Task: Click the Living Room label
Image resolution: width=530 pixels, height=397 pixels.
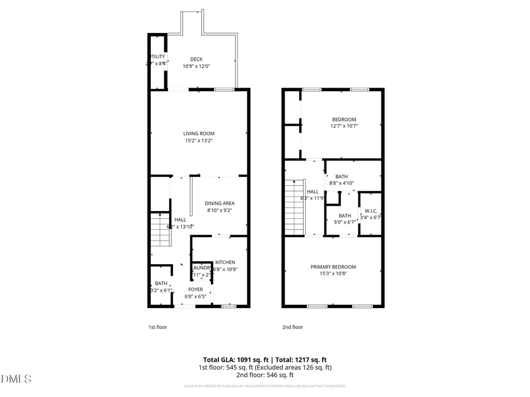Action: [198, 134]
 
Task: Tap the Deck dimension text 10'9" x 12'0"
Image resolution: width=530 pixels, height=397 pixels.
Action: [196, 66]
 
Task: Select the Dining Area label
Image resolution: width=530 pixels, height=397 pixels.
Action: [220, 203]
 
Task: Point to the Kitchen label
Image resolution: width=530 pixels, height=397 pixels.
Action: [225, 262]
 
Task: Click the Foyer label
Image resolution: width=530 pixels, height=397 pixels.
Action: [196, 289]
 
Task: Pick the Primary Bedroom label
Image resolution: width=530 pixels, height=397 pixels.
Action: [333, 266]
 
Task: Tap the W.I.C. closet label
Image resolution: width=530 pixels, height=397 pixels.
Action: [370, 211]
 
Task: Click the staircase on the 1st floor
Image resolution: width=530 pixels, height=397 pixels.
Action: [160, 230]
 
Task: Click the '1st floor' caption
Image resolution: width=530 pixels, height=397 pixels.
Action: [157, 327]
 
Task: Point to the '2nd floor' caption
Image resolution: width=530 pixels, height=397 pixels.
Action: [293, 327]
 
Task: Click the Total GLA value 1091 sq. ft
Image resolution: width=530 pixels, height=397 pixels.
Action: [254, 359]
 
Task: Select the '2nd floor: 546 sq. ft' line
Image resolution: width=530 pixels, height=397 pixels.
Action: [264, 375]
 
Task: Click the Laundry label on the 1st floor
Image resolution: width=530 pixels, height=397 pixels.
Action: [201, 268]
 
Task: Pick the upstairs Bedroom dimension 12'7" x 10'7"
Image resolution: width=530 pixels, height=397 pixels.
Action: [343, 126]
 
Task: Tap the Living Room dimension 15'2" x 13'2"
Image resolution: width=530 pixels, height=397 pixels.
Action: [198, 140]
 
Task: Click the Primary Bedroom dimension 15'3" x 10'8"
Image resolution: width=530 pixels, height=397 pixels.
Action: [333, 273]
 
